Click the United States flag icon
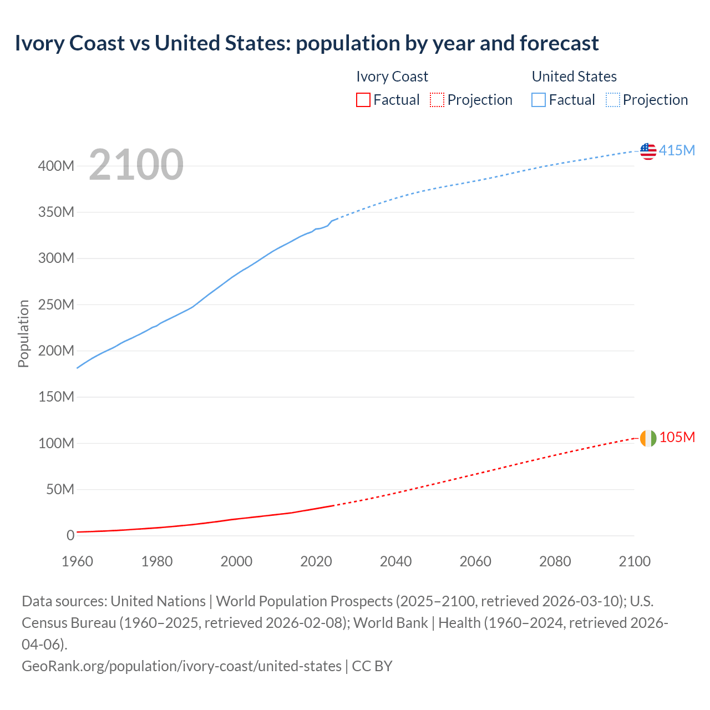click(x=648, y=151)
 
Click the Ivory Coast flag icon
click(x=648, y=438)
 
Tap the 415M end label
click(x=677, y=151)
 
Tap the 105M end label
click(x=677, y=438)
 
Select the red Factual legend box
click(x=363, y=100)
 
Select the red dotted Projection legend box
click(x=437, y=100)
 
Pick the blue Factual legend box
click(x=538, y=100)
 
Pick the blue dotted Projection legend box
click(x=612, y=100)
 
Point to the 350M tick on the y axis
click(x=56, y=212)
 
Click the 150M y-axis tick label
click(x=56, y=397)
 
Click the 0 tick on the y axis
click(x=70, y=536)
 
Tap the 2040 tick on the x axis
click(x=395, y=561)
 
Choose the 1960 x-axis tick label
click(x=78, y=561)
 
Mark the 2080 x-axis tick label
click(x=555, y=561)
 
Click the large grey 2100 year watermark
click(x=136, y=165)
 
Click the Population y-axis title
click(x=23, y=333)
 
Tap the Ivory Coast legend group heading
click(x=392, y=77)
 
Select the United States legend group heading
click(x=574, y=77)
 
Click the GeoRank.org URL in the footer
click(x=181, y=666)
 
